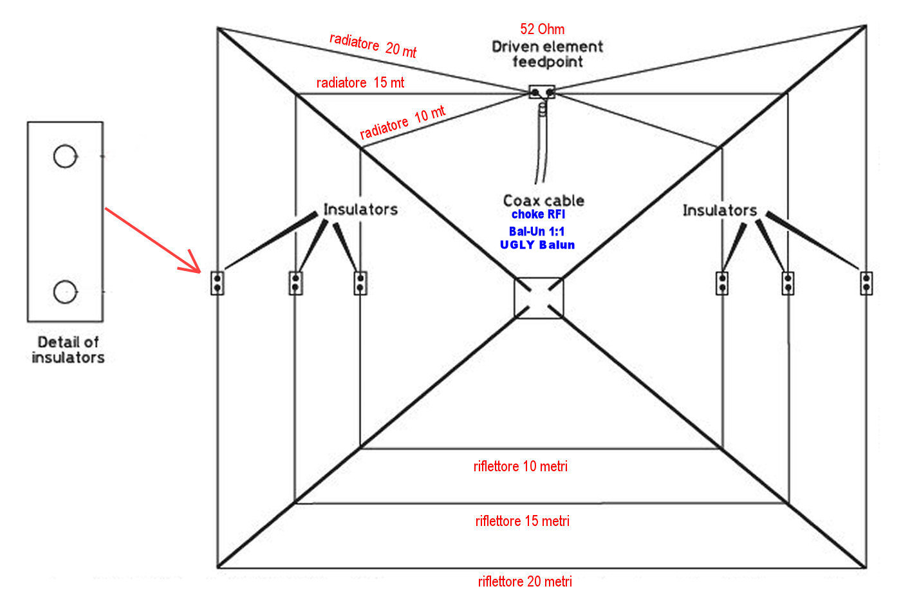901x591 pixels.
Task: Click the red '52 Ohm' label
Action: click(x=543, y=29)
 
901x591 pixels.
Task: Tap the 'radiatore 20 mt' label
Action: click(x=373, y=45)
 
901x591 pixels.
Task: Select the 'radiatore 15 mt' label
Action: click(x=360, y=82)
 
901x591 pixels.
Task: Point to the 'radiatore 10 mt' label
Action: click(x=402, y=122)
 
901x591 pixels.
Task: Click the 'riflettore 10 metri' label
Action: click(x=521, y=466)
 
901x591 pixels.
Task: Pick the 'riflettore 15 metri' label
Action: click(x=523, y=521)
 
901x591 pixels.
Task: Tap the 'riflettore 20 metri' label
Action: click(x=525, y=581)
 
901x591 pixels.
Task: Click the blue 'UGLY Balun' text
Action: click(x=537, y=245)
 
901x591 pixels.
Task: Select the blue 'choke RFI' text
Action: click(x=538, y=214)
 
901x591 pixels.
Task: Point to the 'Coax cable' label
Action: click(x=544, y=200)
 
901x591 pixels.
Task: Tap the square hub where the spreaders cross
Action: click(x=539, y=298)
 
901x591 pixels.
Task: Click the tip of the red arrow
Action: click(x=199, y=271)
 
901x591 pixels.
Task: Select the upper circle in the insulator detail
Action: click(x=64, y=156)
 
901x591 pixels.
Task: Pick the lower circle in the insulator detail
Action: click(x=64, y=292)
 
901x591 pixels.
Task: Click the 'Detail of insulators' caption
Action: click(x=68, y=350)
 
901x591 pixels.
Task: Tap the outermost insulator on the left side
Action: click(x=218, y=283)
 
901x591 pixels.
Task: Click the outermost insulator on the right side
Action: click(x=867, y=283)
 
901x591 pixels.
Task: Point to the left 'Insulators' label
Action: click(x=360, y=209)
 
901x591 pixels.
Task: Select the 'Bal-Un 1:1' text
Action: click(x=537, y=231)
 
